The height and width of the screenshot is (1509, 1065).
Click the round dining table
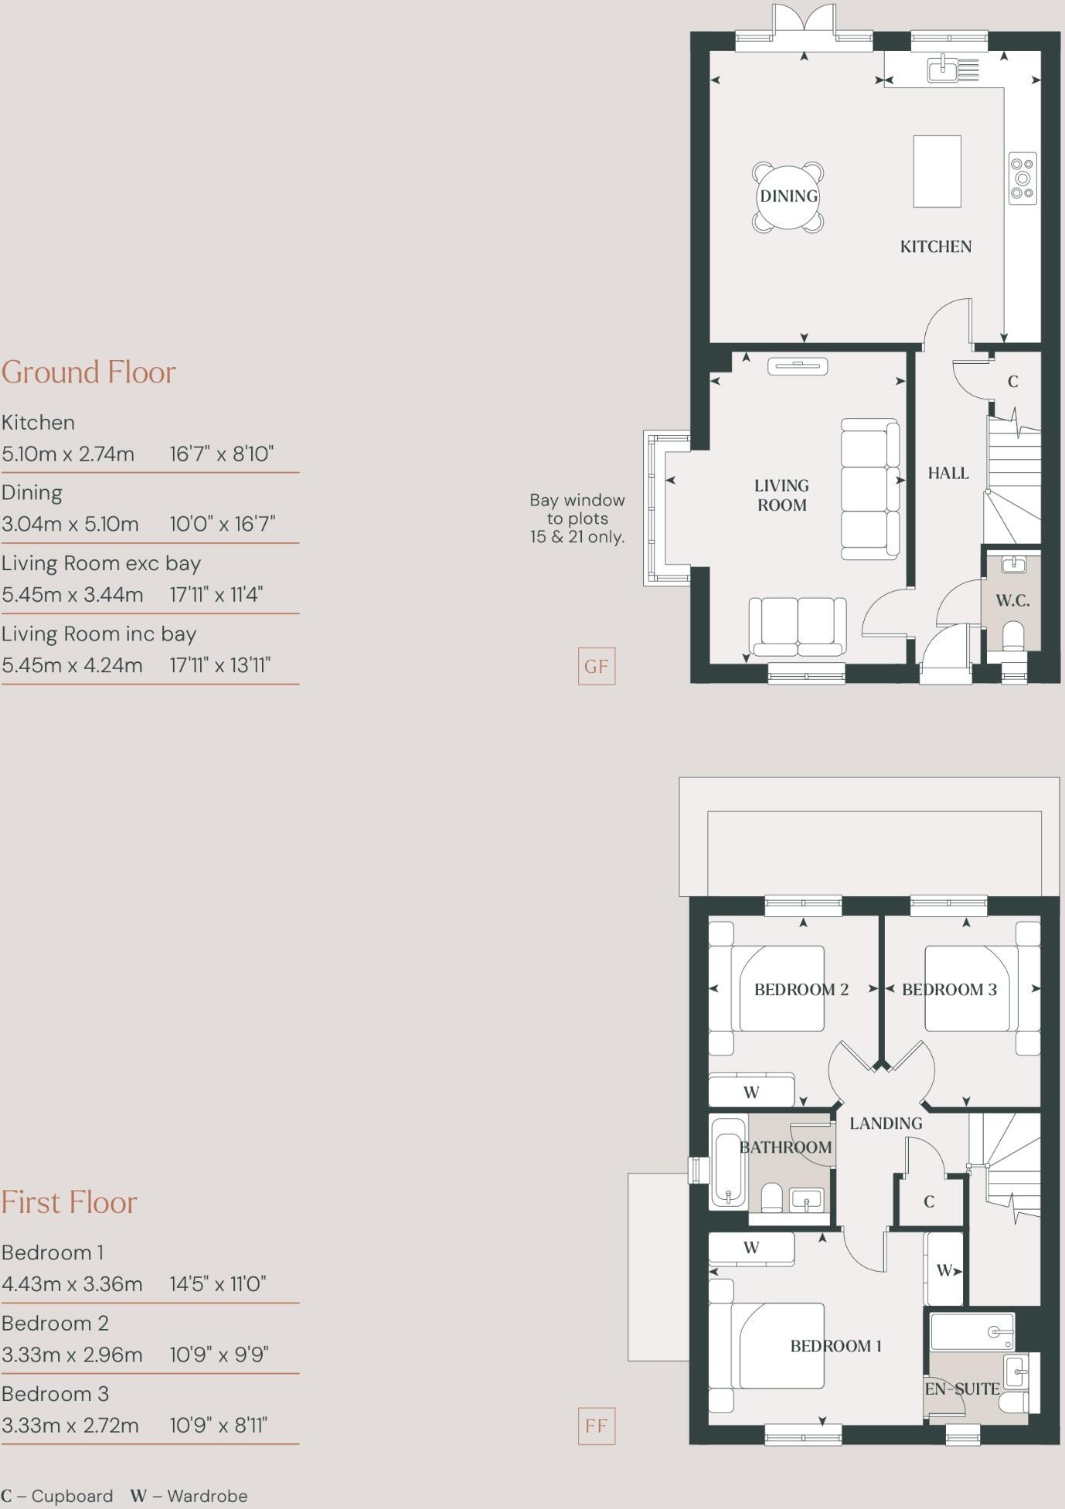(x=788, y=196)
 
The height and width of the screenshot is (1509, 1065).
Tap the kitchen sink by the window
(x=942, y=70)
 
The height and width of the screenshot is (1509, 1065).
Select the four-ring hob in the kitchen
(x=1022, y=178)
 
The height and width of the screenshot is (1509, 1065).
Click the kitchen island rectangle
(x=937, y=172)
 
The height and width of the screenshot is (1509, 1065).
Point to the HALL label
(x=948, y=473)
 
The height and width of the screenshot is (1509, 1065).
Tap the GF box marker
(x=596, y=666)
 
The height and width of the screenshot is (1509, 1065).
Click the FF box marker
(x=596, y=1426)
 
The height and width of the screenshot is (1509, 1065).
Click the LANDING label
(x=886, y=1123)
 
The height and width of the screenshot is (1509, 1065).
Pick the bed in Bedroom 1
(x=781, y=1345)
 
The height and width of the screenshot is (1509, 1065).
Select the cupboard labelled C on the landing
(x=929, y=1201)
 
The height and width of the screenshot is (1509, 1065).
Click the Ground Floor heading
(x=89, y=372)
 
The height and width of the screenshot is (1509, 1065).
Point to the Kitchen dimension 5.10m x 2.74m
(x=68, y=454)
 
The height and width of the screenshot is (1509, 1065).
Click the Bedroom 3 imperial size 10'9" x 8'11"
(x=218, y=1426)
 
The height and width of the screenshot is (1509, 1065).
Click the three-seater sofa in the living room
(x=870, y=489)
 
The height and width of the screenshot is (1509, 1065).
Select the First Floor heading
(x=70, y=1203)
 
